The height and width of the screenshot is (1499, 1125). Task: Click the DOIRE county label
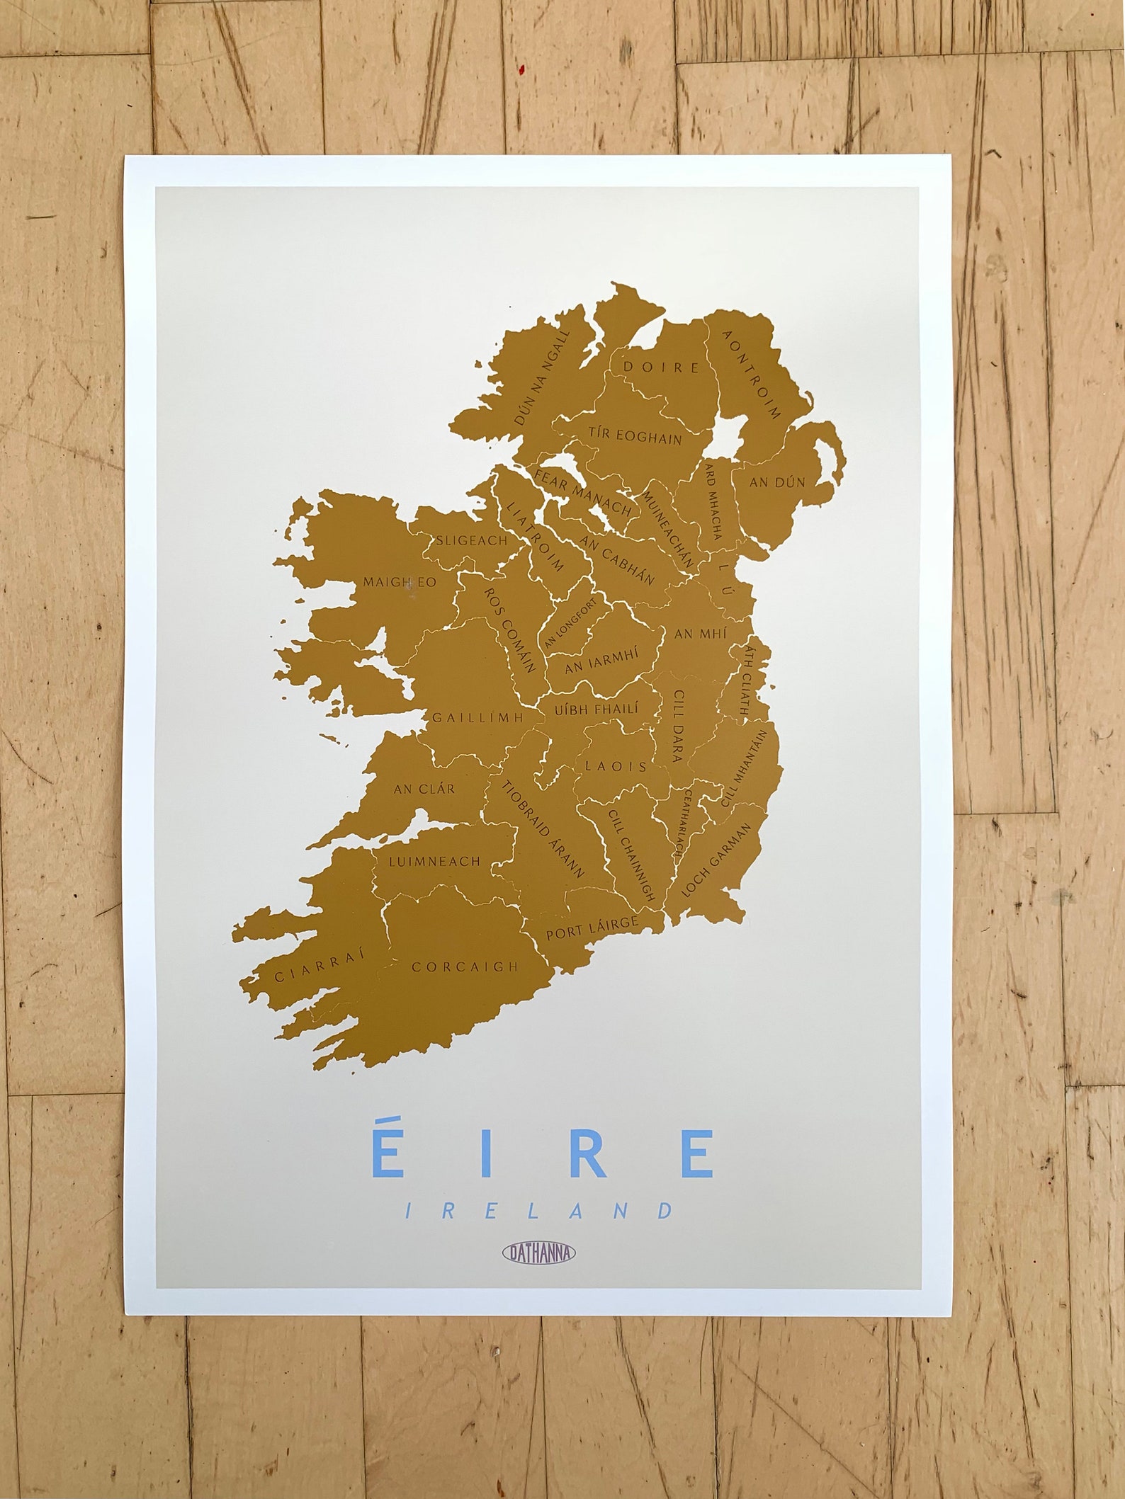pos(660,367)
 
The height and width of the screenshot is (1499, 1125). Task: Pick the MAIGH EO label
pos(400,582)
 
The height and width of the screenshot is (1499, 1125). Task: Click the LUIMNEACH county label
pos(434,862)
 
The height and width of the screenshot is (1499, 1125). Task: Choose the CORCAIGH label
pos(465,967)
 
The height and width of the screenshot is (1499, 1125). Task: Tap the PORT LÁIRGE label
pos(592,927)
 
